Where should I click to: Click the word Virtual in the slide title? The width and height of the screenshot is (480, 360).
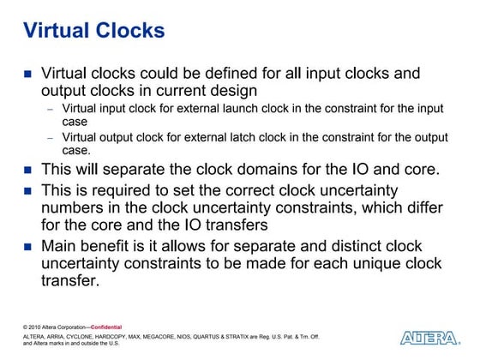click(52, 32)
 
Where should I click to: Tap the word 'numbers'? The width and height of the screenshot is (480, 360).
click(75, 206)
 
